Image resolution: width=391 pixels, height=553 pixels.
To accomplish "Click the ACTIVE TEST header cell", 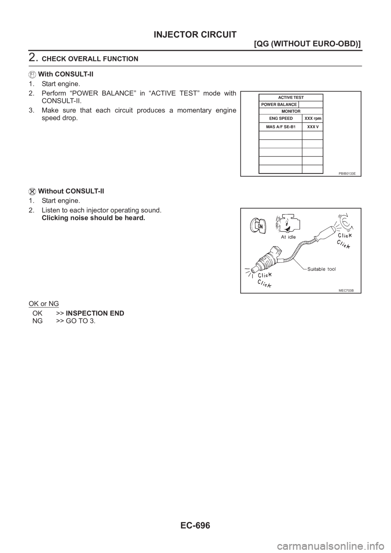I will coord(291,98).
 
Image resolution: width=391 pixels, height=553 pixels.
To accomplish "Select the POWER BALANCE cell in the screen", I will coord(279,105).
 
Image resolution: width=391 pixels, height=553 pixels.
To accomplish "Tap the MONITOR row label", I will coord(291,111).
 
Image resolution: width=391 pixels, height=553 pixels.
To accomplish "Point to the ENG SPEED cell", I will coord(281,118).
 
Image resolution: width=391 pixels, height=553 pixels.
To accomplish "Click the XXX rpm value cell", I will coord(313,118).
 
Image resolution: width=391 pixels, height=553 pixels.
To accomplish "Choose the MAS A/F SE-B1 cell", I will coord(281,127).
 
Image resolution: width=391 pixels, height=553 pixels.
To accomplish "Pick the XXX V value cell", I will coord(313,127).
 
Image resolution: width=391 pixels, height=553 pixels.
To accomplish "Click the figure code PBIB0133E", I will coord(347,173).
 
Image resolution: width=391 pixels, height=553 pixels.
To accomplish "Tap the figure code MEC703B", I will coord(347,290).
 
